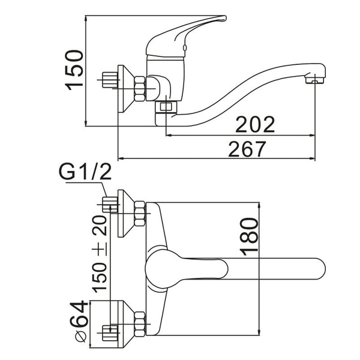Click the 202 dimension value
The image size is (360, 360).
[x=255, y=124]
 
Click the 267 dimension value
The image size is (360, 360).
[x=247, y=149]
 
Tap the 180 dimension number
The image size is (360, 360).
[x=250, y=236]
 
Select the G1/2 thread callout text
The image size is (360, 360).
[x=85, y=172]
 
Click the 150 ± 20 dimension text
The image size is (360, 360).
[x=100, y=254]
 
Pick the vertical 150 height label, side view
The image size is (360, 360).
[x=74, y=70]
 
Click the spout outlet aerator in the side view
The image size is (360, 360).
[x=314, y=80]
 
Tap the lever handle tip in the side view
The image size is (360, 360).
[x=224, y=18]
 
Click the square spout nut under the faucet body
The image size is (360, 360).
[x=166, y=107]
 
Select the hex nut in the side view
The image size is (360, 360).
[x=140, y=89]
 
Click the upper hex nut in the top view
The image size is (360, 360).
[x=140, y=214]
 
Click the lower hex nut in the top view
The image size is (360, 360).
[x=140, y=324]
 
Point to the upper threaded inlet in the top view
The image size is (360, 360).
[x=110, y=205]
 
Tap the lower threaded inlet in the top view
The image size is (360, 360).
[x=110, y=333]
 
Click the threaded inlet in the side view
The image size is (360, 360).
[x=110, y=80]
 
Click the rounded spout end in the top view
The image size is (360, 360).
[x=320, y=269]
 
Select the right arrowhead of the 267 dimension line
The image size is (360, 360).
[x=312, y=158]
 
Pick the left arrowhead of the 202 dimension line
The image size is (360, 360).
[x=169, y=136]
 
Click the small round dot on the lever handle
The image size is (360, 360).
[x=184, y=47]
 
